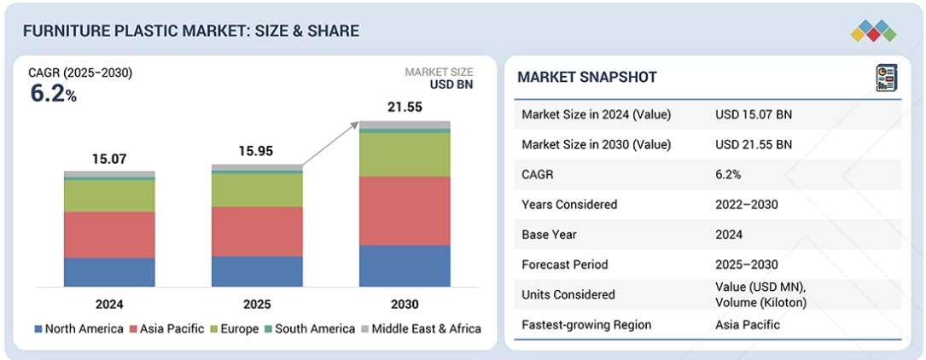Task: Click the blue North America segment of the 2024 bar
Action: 109,272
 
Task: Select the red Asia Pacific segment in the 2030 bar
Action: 405,211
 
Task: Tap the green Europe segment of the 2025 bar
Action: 257,190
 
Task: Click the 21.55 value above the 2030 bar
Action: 405,107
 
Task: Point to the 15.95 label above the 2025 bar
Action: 257,151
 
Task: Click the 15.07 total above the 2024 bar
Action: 109,159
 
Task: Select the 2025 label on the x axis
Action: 257,305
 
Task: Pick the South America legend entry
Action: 310,328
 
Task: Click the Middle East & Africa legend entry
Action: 421,328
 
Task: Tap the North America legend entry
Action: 79,328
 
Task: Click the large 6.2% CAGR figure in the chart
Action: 54,94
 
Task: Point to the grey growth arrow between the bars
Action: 330,143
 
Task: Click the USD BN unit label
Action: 451,84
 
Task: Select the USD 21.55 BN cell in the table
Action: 754,144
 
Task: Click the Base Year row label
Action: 549,235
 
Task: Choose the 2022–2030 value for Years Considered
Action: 747,204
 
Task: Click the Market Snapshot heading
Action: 587,77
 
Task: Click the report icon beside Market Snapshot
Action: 887,78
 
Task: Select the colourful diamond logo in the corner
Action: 873,31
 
